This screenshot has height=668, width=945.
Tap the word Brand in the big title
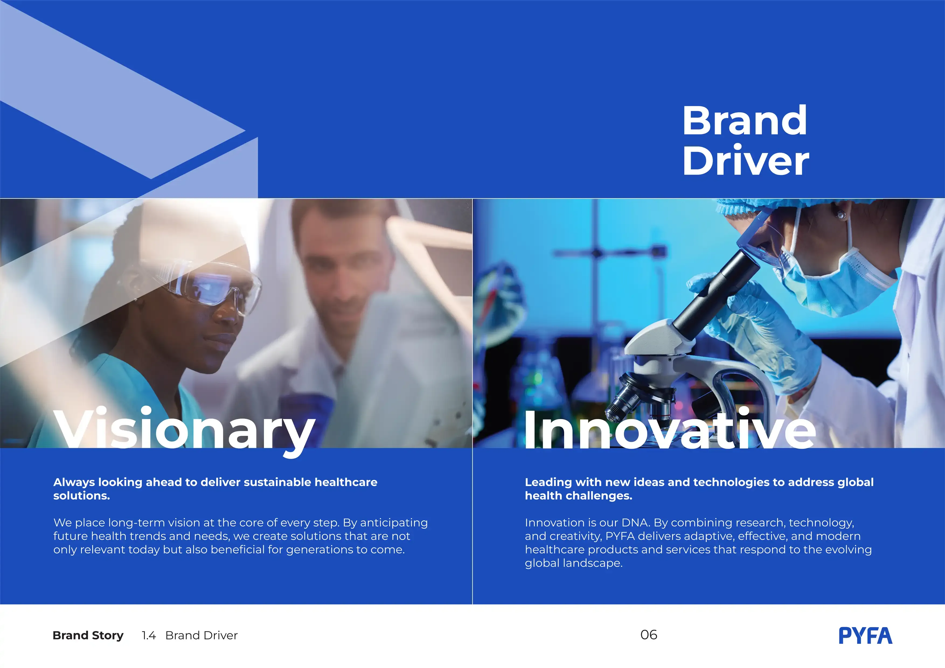(745, 121)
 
